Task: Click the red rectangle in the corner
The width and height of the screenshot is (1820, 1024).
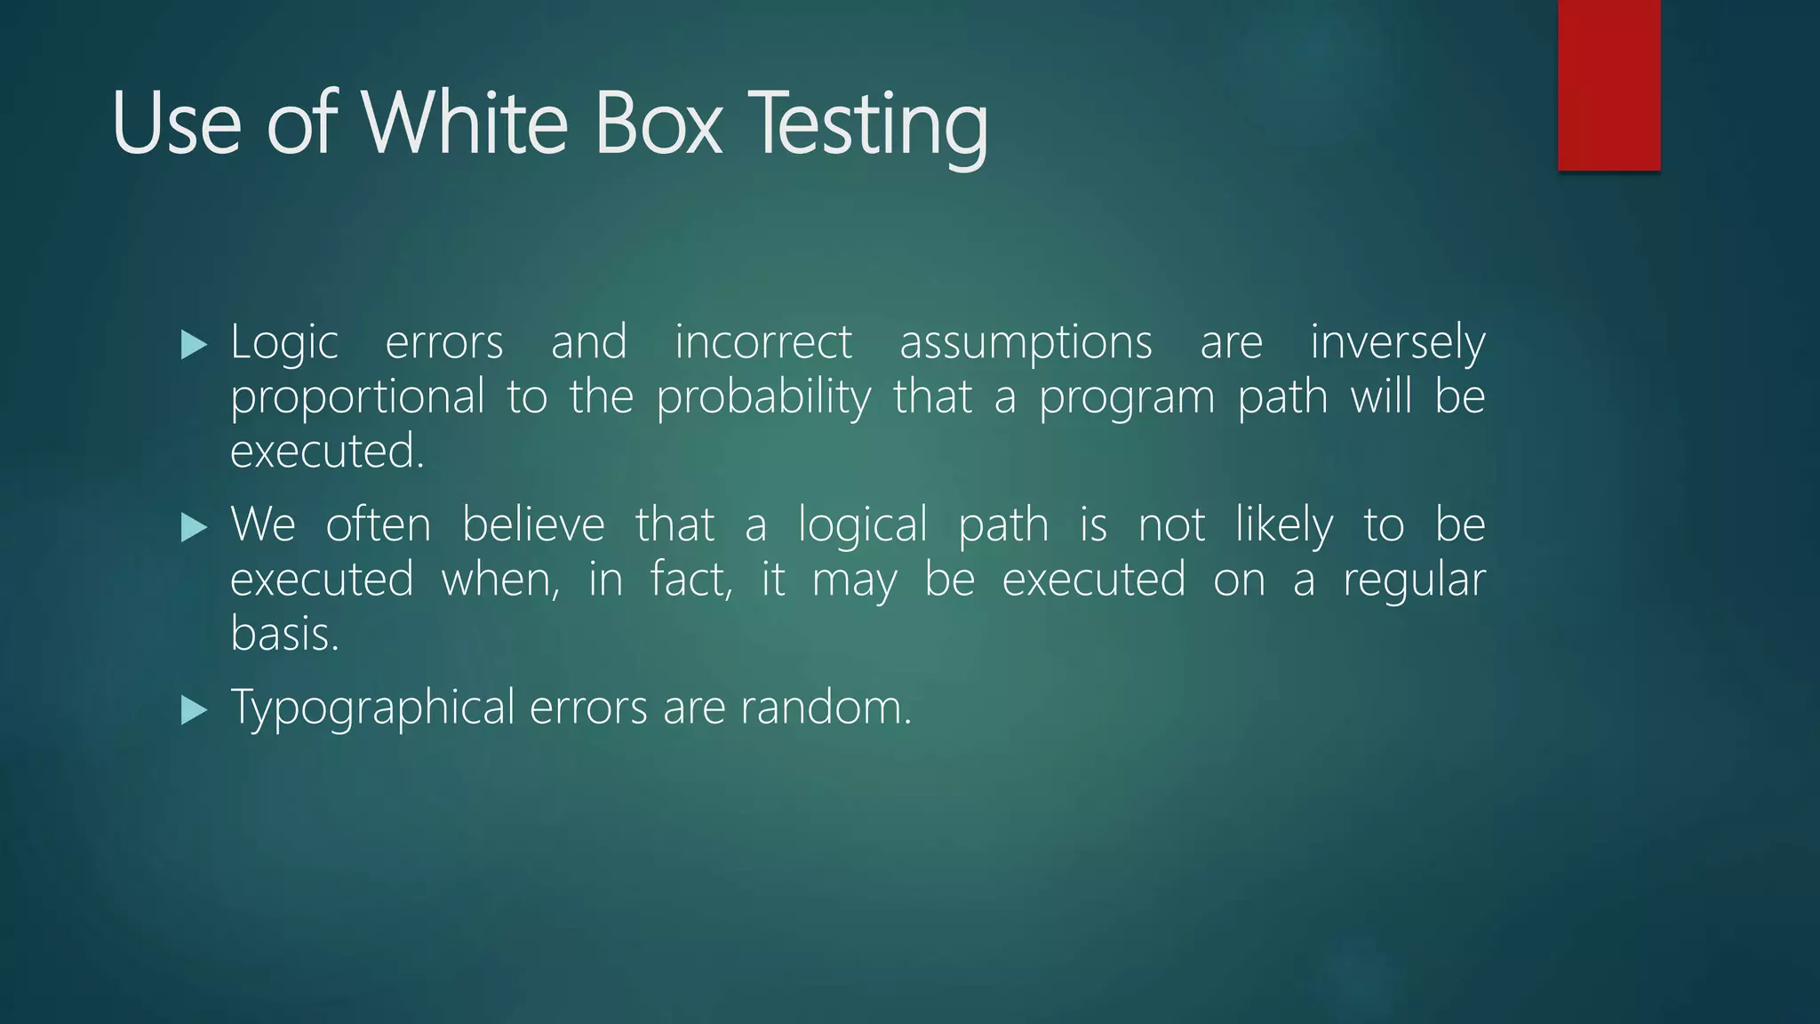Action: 1608,84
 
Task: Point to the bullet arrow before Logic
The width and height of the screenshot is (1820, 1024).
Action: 193,344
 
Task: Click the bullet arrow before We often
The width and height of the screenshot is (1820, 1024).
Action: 193,527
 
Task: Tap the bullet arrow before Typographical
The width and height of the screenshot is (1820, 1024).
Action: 193,710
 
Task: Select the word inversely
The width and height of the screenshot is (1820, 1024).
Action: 1397,343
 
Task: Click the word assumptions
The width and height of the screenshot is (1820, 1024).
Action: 1026,343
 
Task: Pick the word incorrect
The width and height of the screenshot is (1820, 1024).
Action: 763,343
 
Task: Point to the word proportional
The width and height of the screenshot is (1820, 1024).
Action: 357,397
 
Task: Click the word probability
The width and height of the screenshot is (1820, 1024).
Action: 763,397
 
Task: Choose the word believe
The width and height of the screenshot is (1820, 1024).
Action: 533,524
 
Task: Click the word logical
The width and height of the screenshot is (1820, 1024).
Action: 862,526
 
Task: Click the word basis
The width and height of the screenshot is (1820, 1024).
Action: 284,635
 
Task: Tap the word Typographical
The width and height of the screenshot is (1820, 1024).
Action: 372,709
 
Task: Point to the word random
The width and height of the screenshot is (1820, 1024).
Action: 826,708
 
